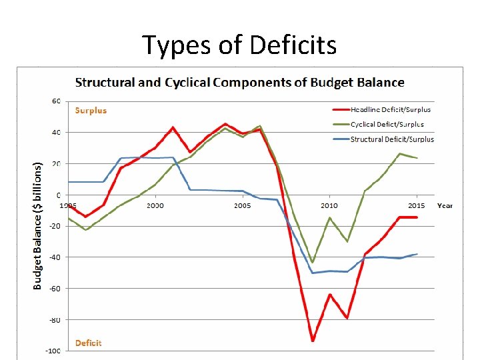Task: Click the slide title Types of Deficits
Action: [239, 45]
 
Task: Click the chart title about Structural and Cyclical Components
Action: [239, 83]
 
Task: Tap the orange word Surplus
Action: [91, 110]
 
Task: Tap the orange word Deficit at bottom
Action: [88, 343]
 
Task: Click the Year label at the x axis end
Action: [445, 205]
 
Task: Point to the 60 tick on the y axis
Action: [56, 101]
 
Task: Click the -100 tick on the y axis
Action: [54, 351]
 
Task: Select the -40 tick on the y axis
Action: [55, 257]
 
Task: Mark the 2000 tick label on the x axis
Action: [155, 206]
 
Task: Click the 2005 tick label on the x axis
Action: [242, 206]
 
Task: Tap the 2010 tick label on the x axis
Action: [329, 206]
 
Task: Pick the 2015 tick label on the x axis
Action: [416, 206]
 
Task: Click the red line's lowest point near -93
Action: [312, 341]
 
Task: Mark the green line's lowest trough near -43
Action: [312, 262]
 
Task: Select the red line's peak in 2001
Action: [173, 127]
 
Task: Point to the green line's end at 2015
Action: [417, 158]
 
